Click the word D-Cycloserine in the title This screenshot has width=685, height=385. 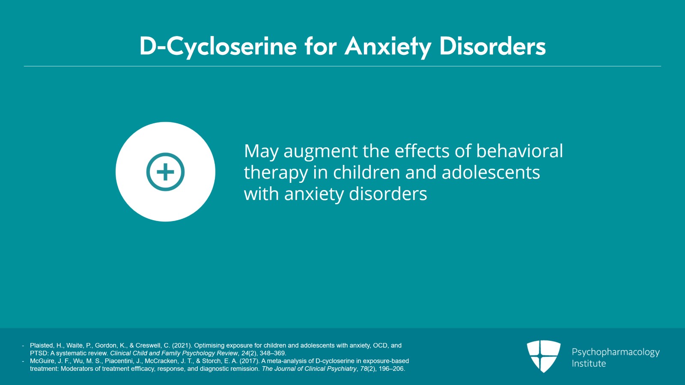218,47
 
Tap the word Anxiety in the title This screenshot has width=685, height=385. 388,47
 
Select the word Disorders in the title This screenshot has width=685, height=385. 493,46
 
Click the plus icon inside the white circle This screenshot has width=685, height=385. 165,172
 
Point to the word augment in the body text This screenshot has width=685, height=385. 321,152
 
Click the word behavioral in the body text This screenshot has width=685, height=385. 519,151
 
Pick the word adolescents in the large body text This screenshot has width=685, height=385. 491,172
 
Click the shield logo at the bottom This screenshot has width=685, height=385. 543,356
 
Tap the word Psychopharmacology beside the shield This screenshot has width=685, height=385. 616,352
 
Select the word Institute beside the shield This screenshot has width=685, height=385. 589,364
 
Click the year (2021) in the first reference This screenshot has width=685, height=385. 182,346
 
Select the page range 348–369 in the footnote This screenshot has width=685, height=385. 272,353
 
